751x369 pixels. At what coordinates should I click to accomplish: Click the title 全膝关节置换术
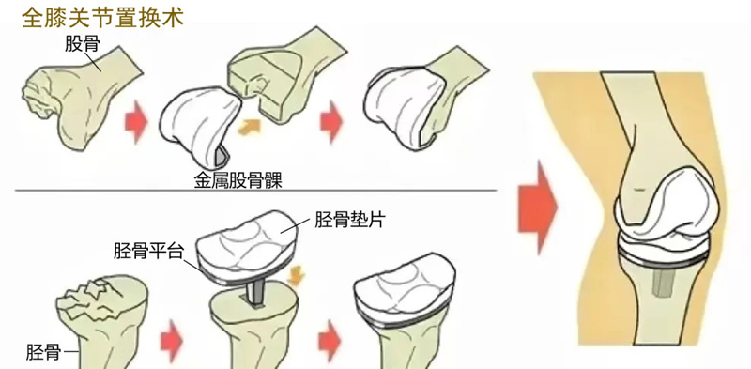(x=103, y=19)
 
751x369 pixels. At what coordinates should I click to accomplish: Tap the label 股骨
(x=83, y=44)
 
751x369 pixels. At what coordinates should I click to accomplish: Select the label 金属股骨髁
(x=238, y=180)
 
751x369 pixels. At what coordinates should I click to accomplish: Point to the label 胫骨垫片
(x=350, y=220)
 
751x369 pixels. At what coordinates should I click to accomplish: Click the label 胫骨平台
(x=148, y=251)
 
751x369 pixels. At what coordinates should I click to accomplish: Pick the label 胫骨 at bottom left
(x=42, y=353)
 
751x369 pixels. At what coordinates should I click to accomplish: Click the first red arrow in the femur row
(x=136, y=121)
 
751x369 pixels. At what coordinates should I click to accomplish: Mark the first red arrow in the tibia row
(x=171, y=340)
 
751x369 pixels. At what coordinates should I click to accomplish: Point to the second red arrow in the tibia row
(x=330, y=340)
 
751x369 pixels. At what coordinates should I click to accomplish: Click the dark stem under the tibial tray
(x=255, y=292)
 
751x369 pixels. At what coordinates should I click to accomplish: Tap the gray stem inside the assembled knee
(x=662, y=282)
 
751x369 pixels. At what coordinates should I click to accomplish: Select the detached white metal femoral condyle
(x=196, y=124)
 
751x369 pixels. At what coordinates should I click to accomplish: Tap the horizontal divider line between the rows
(x=255, y=191)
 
